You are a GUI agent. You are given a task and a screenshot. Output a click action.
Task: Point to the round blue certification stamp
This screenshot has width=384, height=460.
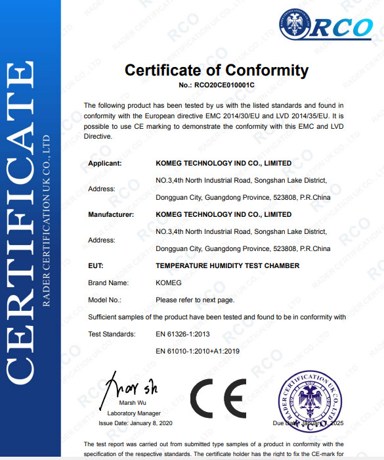click(312, 400)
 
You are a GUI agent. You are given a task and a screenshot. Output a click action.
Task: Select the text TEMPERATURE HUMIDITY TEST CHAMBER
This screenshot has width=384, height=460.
click(227, 265)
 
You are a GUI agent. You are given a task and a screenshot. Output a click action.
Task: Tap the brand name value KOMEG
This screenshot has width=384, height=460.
click(169, 283)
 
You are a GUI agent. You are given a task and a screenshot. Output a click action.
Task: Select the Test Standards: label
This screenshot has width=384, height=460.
click(112, 334)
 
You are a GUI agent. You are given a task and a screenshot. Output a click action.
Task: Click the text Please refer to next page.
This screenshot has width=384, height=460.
click(195, 300)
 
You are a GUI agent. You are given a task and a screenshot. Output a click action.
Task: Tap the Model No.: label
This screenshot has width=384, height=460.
click(105, 300)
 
